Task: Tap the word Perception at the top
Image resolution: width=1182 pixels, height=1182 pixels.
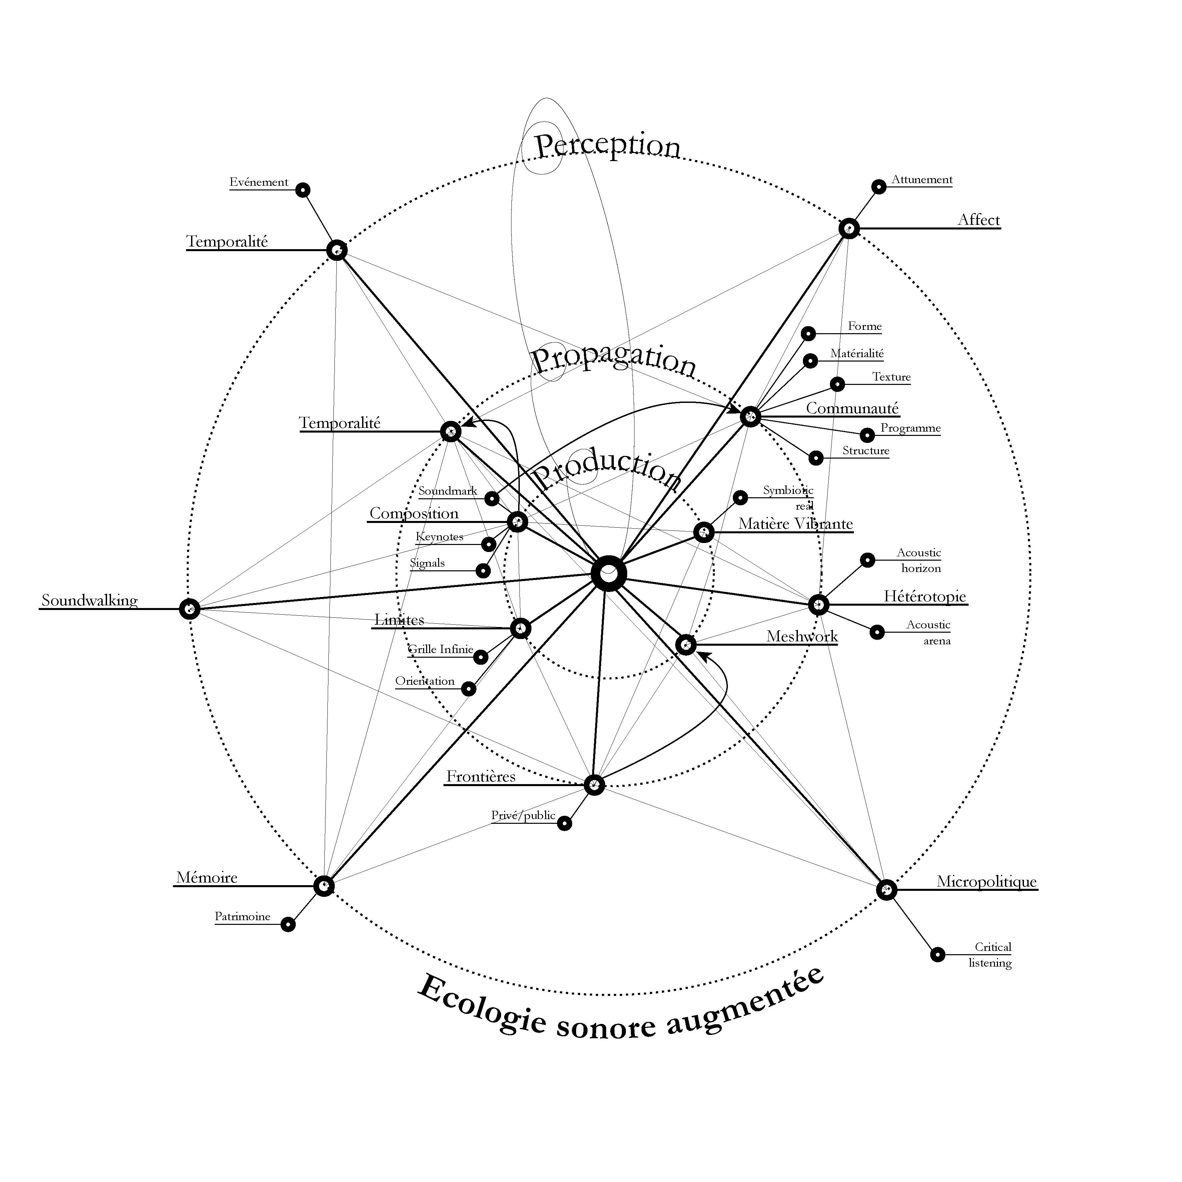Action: [x=608, y=146]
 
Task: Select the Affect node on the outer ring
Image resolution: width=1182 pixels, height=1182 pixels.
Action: [x=849, y=229]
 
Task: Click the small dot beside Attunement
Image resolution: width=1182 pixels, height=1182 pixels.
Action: [x=879, y=187]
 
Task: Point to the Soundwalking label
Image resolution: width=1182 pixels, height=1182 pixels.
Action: [x=89, y=600]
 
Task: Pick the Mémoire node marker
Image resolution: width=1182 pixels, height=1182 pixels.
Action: [x=324, y=886]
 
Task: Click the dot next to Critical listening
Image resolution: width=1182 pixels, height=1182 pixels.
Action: [x=937, y=954]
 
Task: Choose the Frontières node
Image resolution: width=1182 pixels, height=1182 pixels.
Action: [x=594, y=785]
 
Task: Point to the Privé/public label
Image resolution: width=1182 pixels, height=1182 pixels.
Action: [x=523, y=815]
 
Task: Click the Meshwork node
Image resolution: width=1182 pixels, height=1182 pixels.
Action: [x=686, y=645]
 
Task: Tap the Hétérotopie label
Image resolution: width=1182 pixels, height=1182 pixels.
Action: [x=925, y=596]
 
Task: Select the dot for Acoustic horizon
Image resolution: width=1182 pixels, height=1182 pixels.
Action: [x=868, y=559]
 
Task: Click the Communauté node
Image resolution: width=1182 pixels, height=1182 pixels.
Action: [x=750, y=417]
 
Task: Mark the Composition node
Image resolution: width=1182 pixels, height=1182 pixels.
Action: [x=517, y=522]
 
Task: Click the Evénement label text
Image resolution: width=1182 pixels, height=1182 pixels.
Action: [x=259, y=182]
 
